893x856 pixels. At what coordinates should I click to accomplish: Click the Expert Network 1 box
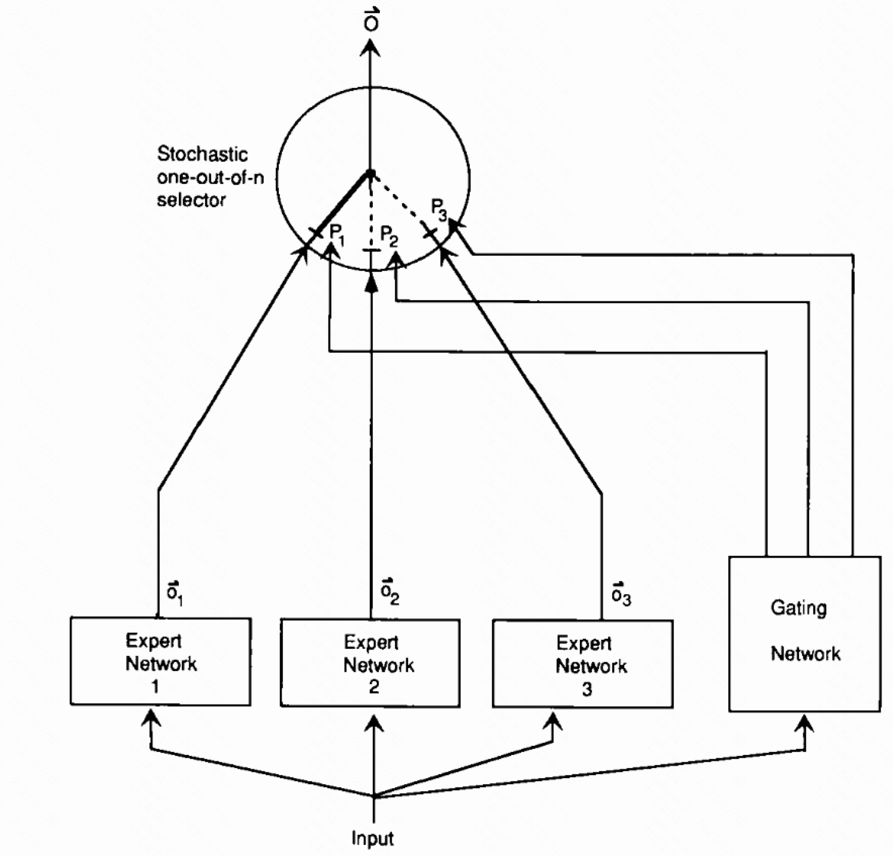click(x=161, y=661)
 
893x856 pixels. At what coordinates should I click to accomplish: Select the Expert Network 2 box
click(x=370, y=663)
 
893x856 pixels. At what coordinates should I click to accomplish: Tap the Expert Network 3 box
click(x=582, y=664)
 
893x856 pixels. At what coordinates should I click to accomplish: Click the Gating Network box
click(x=805, y=634)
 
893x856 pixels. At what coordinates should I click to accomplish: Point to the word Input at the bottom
click(x=372, y=838)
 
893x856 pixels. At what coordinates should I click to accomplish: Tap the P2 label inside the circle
click(x=389, y=236)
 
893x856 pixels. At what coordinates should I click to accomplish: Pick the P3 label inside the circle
click(x=439, y=209)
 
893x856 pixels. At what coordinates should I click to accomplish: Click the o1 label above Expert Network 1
click(x=175, y=593)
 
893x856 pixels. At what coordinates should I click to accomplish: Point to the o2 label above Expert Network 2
click(x=390, y=591)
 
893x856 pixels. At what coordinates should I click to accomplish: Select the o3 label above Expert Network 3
click(x=620, y=593)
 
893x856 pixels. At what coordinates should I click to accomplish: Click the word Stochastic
click(x=202, y=154)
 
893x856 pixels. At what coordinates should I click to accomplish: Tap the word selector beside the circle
click(x=191, y=201)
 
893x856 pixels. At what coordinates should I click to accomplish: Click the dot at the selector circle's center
click(x=370, y=173)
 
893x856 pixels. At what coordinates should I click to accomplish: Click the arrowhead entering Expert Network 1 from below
click(x=151, y=719)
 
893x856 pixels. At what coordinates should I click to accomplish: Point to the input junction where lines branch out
click(x=373, y=797)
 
